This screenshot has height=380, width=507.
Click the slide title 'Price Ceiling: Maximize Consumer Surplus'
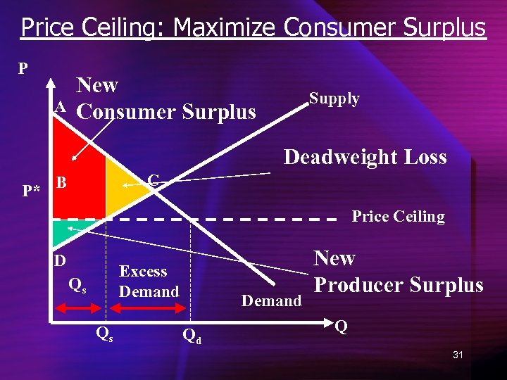pyautogui.click(x=254, y=27)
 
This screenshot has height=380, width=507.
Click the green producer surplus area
pyautogui.click(x=61, y=229)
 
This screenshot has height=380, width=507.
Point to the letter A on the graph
pyautogui.click(x=61, y=107)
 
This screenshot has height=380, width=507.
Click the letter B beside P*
pyautogui.click(x=61, y=183)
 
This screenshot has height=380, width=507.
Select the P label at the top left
pyautogui.click(x=23, y=68)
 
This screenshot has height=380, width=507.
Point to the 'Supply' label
pyautogui.click(x=334, y=99)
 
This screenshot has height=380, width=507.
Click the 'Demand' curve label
pyautogui.click(x=271, y=301)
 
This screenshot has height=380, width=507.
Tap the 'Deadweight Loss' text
pyautogui.click(x=365, y=156)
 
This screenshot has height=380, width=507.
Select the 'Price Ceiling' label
pyautogui.click(x=398, y=217)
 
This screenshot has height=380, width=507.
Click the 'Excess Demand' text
pyautogui.click(x=149, y=281)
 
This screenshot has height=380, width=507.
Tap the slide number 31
pyautogui.click(x=458, y=355)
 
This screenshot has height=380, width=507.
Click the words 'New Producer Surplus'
pyautogui.click(x=398, y=272)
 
